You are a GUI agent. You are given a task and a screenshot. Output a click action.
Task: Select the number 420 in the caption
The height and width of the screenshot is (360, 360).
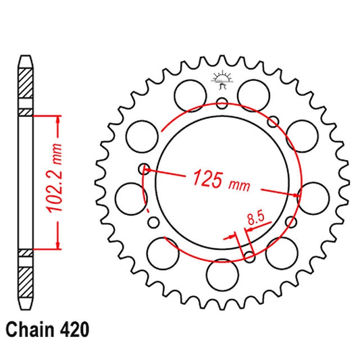pyautogui.click(x=72, y=331)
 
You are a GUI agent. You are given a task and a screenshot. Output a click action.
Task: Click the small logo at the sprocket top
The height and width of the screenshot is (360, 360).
pyautogui.click(x=222, y=80)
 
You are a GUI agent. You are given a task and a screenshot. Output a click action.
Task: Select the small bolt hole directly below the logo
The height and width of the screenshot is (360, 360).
pyautogui.click(x=222, y=103)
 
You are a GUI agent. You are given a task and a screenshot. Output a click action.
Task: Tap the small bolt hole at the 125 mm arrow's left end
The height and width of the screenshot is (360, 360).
pyautogui.click(x=142, y=169)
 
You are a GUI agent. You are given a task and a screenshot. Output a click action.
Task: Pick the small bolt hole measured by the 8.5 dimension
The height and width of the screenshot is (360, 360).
pyautogui.click(x=249, y=256)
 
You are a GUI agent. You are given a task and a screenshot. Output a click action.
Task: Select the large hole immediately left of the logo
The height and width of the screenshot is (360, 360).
pyautogui.click(x=187, y=91)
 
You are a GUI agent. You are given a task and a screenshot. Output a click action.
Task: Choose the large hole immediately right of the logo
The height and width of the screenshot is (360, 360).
pyautogui.click(x=254, y=91)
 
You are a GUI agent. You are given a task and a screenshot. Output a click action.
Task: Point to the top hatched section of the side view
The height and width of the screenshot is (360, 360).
pyautogui.click(x=25, y=85)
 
